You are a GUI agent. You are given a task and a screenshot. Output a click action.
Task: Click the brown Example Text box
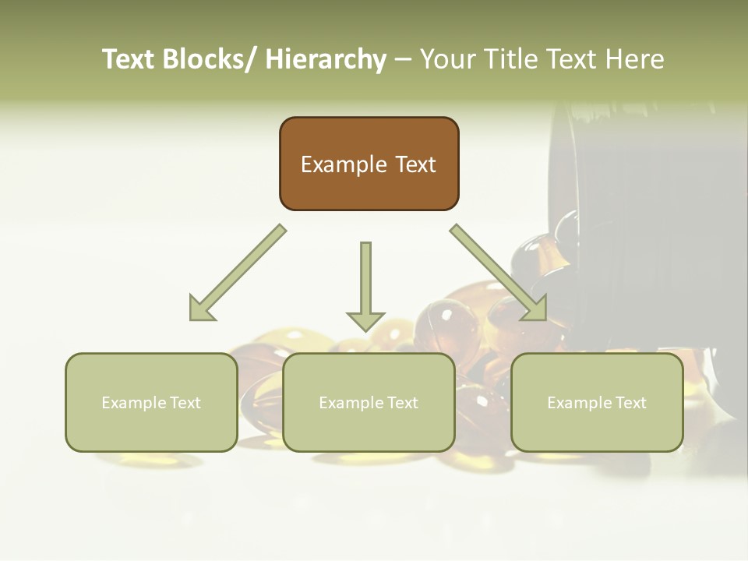(x=369, y=164)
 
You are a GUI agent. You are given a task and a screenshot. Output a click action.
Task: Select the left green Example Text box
(x=151, y=402)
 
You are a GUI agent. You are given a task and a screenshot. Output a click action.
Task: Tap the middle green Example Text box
(x=369, y=402)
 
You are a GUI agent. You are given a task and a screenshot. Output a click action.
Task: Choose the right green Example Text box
(x=597, y=402)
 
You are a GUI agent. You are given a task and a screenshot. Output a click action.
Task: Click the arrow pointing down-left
(x=237, y=273)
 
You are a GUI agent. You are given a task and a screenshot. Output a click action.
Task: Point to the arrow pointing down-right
(x=499, y=273)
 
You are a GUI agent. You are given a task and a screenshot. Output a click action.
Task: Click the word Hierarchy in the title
(x=326, y=59)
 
